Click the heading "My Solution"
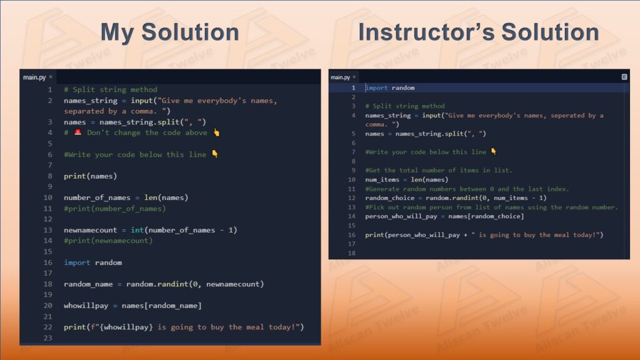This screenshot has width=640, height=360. click(x=170, y=32)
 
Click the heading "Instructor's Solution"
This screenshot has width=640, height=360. click(x=478, y=32)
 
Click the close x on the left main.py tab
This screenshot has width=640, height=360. click(x=51, y=77)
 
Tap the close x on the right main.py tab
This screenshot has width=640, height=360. click(x=354, y=77)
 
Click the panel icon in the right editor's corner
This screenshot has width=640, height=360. click(x=624, y=77)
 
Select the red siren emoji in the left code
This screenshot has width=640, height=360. click(x=77, y=132)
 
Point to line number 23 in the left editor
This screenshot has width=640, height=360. click(x=47, y=338)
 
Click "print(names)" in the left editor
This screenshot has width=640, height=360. click(x=90, y=176)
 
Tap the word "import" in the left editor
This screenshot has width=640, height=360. click(x=77, y=262)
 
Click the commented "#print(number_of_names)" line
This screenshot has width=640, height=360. click(x=115, y=209)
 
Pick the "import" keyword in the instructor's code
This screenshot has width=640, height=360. click(x=376, y=87)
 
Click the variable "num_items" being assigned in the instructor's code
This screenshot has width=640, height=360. click(x=382, y=179)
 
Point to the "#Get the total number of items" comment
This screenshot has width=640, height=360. click(x=439, y=170)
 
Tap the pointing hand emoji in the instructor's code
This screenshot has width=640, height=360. click(x=494, y=151)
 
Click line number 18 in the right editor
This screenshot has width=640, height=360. click(x=351, y=253)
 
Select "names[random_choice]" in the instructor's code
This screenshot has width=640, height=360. click(x=486, y=216)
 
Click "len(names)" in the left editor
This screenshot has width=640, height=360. click(x=166, y=197)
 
